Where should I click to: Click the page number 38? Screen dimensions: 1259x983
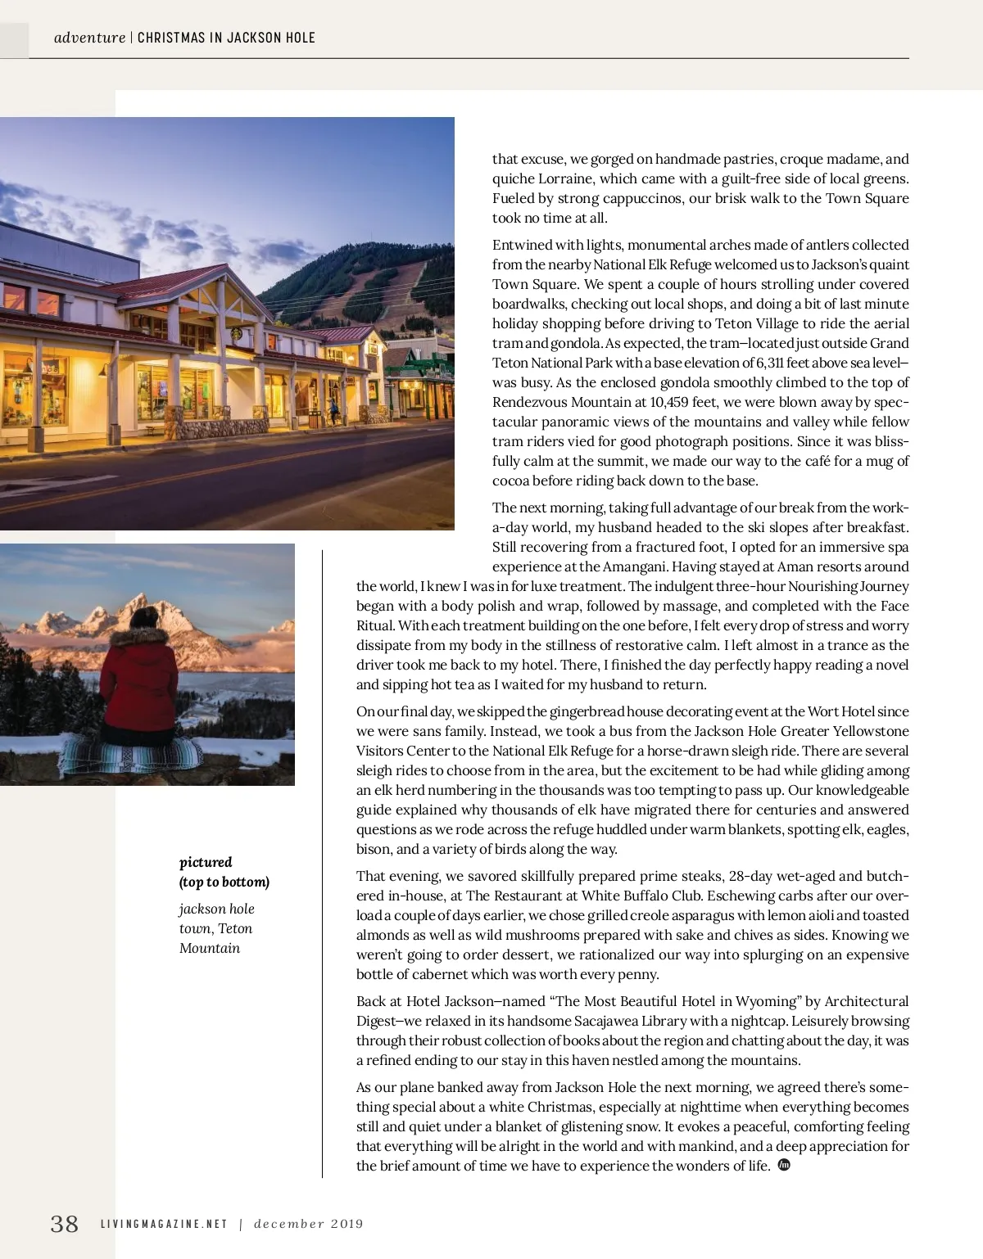click(65, 1224)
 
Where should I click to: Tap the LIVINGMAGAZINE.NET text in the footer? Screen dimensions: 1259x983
click(164, 1225)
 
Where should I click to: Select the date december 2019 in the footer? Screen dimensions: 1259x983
click(308, 1225)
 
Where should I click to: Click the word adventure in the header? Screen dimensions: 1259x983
click(89, 38)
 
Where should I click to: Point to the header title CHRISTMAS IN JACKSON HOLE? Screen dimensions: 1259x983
click(226, 38)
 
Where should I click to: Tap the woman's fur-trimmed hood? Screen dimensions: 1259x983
click(139, 637)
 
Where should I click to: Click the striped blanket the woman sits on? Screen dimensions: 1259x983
click(131, 753)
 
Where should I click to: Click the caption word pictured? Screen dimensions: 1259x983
click(206, 862)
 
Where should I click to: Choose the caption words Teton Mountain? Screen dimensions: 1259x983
click(215, 938)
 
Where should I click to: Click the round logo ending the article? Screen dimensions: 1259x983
click(783, 1165)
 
